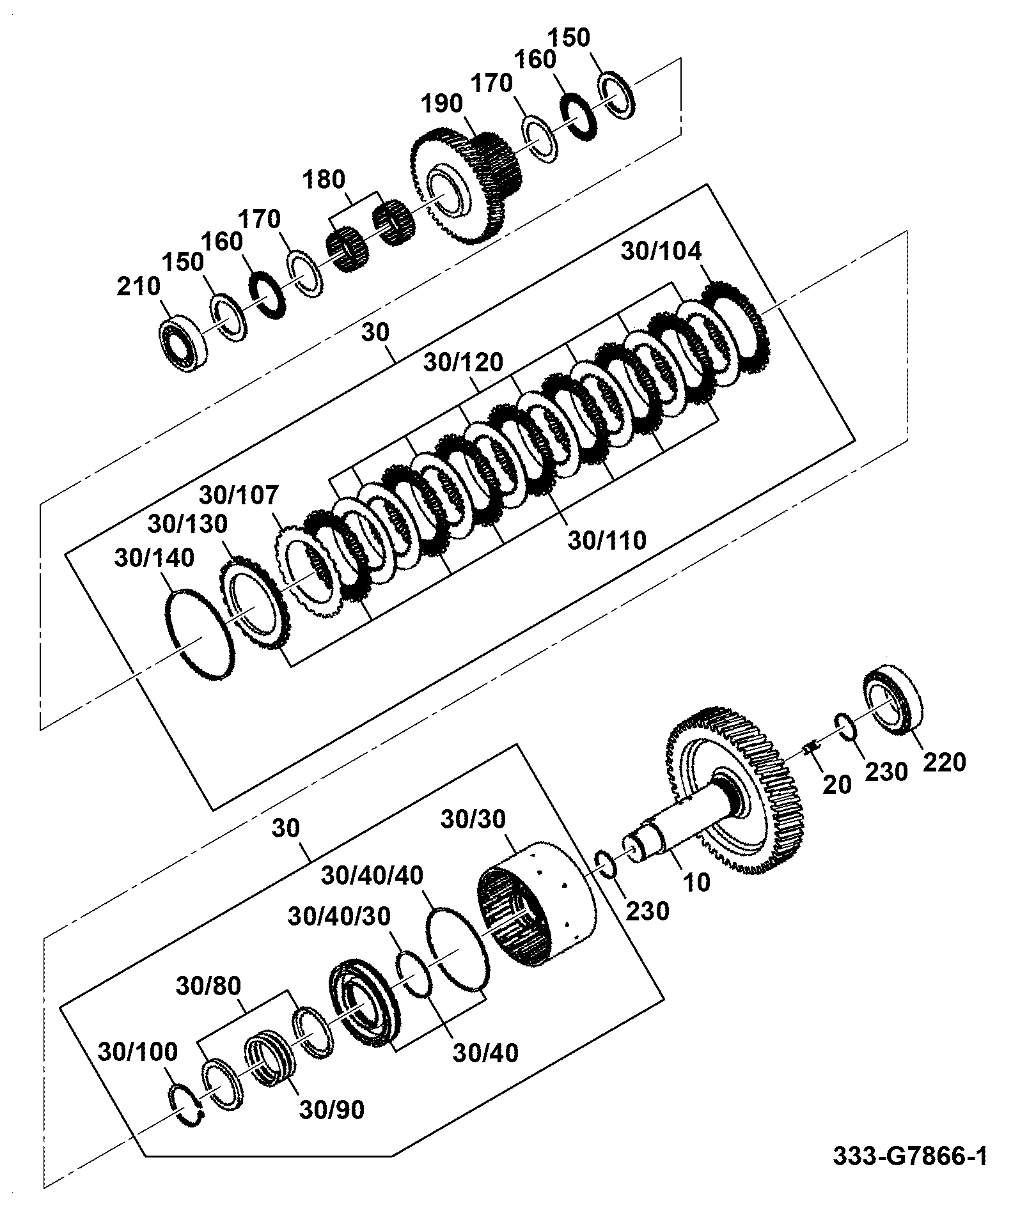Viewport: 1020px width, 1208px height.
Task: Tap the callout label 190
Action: tap(442, 102)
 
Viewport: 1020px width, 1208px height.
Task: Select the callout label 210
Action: tap(138, 286)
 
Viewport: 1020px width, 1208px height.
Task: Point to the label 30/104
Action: tap(661, 251)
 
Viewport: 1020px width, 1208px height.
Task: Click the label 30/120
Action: tap(464, 362)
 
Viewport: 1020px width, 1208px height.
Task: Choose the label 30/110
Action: tap(608, 541)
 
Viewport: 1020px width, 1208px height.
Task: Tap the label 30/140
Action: tap(155, 557)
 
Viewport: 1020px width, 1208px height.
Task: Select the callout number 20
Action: tap(837, 784)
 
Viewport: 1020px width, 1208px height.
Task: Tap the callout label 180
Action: tap(325, 180)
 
